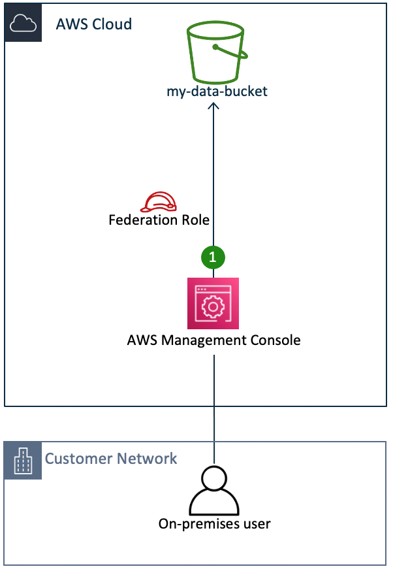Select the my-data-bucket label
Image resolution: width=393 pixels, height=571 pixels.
[217, 91]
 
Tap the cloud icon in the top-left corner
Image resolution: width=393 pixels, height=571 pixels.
[24, 24]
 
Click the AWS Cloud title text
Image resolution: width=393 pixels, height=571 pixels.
[94, 24]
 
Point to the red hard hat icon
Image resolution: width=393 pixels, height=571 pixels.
[159, 202]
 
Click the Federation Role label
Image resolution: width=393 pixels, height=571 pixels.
[159, 220]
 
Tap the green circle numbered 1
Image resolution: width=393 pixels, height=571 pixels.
[213, 257]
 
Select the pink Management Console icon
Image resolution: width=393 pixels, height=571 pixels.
[213, 303]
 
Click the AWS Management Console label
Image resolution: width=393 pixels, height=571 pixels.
[214, 340]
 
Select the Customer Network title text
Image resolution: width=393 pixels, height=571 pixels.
[111, 459]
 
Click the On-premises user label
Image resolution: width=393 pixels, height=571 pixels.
[214, 523]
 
